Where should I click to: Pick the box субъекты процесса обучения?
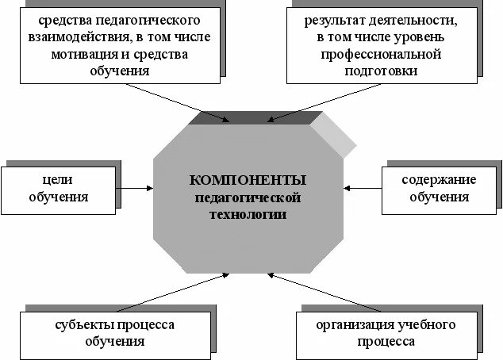(x=115, y=333)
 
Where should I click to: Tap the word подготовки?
(x=379, y=71)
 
